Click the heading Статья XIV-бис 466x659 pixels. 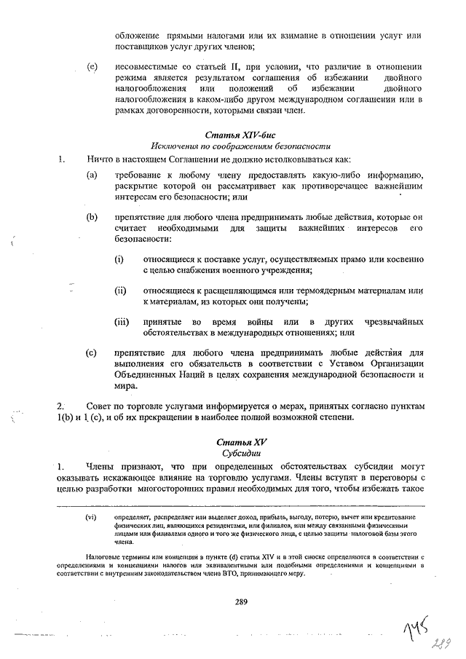tap(241, 135)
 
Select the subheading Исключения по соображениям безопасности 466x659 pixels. tap(241, 146)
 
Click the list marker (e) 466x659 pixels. tap(92, 67)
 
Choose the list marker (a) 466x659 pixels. tap(92, 175)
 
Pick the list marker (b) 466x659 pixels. tap(92, 217)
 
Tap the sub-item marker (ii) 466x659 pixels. tap(121, 291)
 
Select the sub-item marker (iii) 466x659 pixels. tap(122, 322)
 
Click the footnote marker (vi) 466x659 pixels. tap(91, 518)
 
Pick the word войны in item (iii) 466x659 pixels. tap(250, 322)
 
